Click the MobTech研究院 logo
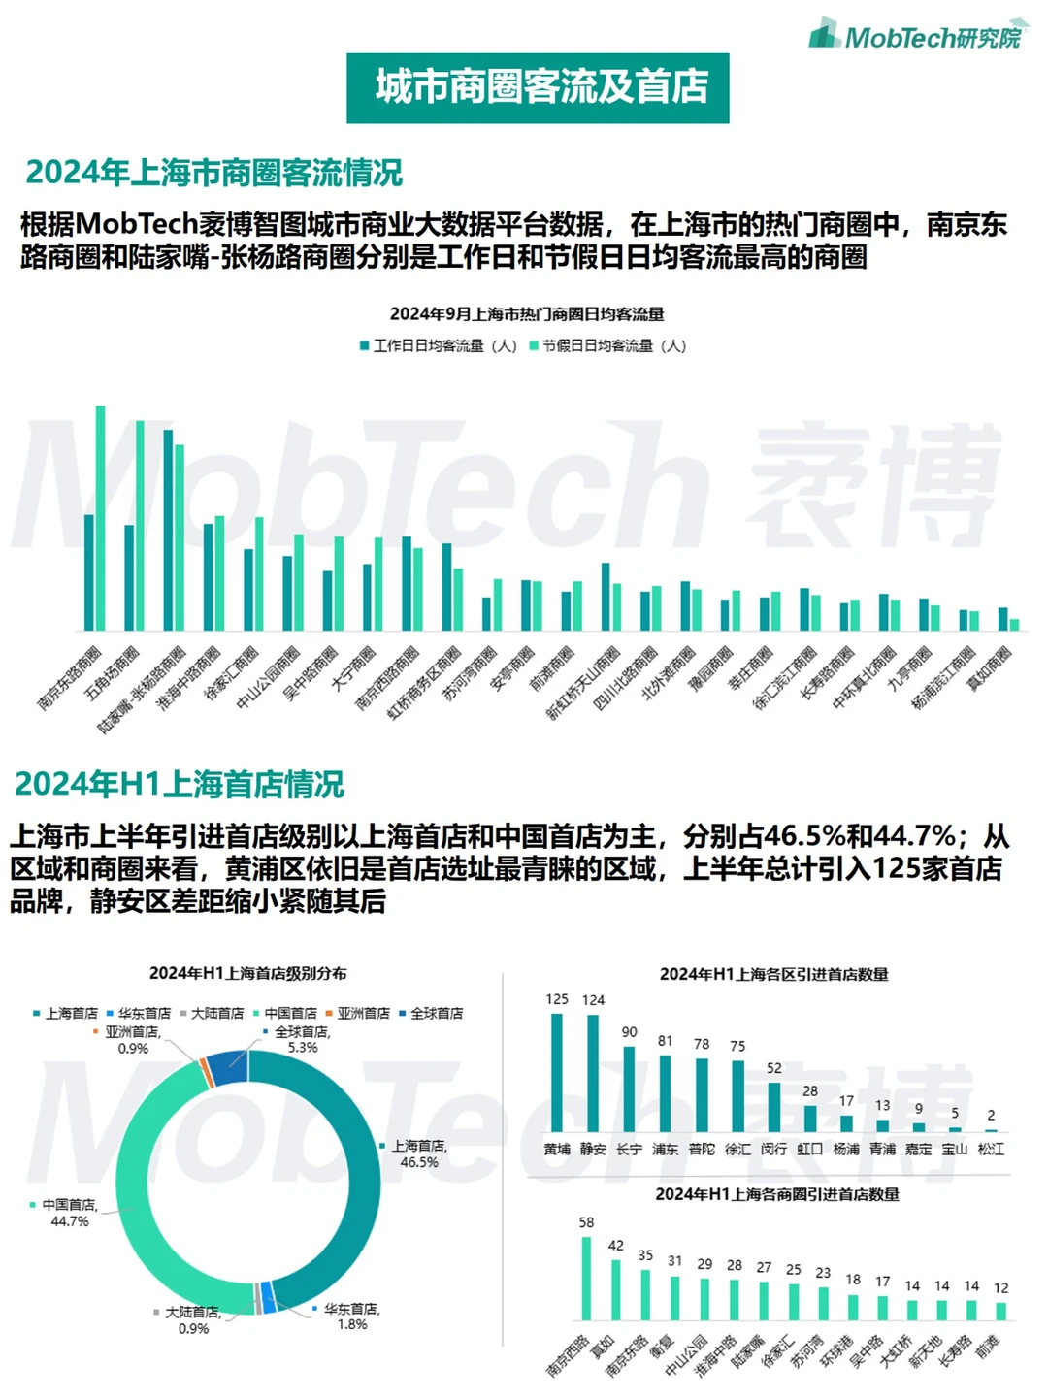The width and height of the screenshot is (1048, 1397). point(919,36)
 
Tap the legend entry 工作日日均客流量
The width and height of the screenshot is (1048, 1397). point(439,346)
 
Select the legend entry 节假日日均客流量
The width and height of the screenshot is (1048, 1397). point(607,346)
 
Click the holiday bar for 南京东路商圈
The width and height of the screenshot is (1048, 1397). point(101,518)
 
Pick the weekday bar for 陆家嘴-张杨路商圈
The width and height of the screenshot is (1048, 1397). point(168,530)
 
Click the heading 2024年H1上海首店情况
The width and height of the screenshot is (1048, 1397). point(180,784)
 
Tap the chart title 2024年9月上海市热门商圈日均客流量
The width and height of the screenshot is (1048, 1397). point(527,314)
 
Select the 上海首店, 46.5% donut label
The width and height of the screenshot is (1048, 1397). point(418,1153)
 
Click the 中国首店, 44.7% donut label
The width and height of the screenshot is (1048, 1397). point(68,1213)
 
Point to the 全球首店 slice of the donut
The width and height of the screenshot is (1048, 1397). point(229,1067)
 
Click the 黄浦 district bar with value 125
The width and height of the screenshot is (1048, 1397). point(557,1072)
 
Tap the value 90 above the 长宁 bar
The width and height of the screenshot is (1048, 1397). point(630,1032)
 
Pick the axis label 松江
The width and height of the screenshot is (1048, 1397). point(991,1150)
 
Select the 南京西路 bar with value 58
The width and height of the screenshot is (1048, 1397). point(586,1279)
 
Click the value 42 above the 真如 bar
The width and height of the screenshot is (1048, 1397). point(616,1246)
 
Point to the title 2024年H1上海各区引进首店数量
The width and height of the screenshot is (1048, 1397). point(773,974)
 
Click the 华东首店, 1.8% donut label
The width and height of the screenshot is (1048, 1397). point(350,1316)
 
